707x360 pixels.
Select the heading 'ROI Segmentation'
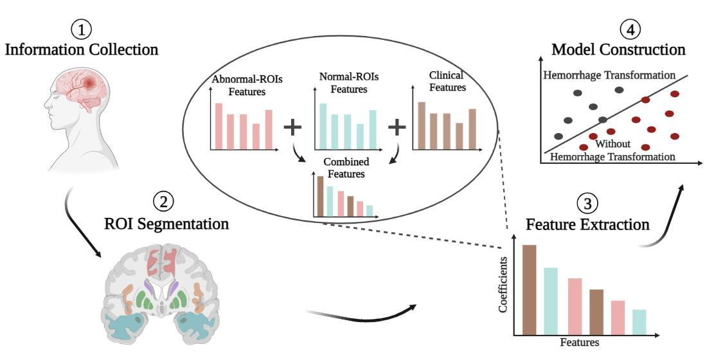click(166, 224)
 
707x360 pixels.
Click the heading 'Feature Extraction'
click(587, 225)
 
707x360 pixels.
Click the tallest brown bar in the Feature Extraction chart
click(529, 290)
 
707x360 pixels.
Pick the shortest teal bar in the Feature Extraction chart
click(638, 322)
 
